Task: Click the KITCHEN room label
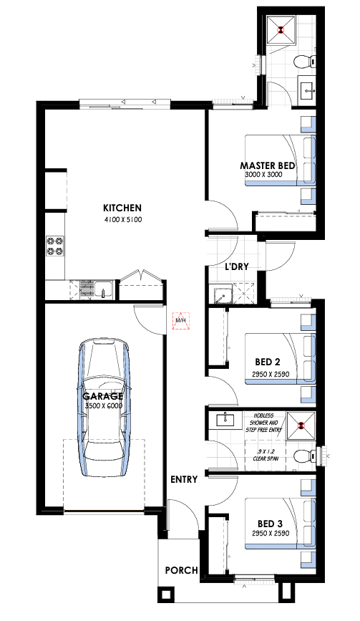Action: tap(122, 208)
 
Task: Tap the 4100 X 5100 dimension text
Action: tap(122, 220)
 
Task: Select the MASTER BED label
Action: tap(268, 165)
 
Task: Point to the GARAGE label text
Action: tap(102, 396)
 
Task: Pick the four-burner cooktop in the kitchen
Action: tap(55, 246)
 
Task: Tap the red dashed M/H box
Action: tap(181, 320)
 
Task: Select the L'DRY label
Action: tap(237, 266)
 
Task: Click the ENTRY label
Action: tap(184, 480)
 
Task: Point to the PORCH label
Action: tap(182, 570)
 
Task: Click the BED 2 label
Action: tap(268, 362)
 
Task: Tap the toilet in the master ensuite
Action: tap(304, 62)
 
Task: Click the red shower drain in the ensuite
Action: tap(281, 29)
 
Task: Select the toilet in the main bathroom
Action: tap(305, 456)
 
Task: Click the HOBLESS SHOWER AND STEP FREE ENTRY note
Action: tap(265, 423)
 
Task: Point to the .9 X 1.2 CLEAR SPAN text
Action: tap(265, 455)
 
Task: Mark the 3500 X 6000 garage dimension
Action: tap(104, 406)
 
